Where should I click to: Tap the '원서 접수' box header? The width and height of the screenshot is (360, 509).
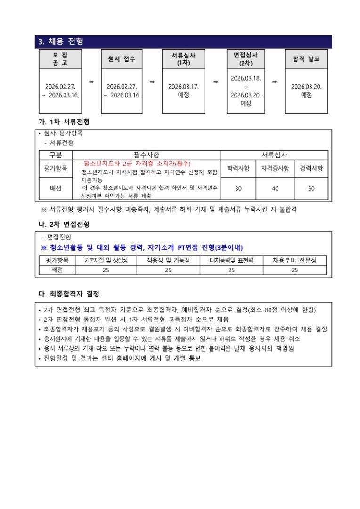pyautogui.click(x=122, y=59)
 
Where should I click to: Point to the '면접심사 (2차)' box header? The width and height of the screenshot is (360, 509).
pyautogui.click(x=245, y=58)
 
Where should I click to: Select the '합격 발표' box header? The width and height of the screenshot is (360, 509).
pyautogui.click(x=306, y=59)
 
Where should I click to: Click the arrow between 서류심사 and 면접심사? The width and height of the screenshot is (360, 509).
pyautogui.click(x=215, y=82)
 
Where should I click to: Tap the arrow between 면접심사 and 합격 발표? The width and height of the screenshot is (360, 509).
pyautogui.click(x=275, y=82)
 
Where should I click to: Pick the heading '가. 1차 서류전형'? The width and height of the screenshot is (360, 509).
pyautogui.click(x=64, y=122)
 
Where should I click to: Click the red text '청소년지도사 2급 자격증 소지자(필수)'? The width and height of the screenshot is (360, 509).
pyautogui.click(x=134, y=163)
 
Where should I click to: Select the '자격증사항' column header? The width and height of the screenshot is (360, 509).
pyautogui.click(x=275, y=168)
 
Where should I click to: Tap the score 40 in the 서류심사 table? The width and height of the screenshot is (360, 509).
pyautogui.click(x=275, y=189)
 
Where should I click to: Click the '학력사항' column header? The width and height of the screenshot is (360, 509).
pyautogui.click(x=238, y=168)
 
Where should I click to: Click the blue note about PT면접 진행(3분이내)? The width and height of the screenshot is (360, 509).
pyautogui.click(x=142, y=247)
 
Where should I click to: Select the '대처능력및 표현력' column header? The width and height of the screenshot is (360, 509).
pyautogui.click(x=231, y=260)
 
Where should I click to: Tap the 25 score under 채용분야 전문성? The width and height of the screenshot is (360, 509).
pyautogui.click(x=295, y=270)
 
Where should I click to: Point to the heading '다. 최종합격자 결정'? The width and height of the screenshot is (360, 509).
pyautogui.click(x=69, y=294)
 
